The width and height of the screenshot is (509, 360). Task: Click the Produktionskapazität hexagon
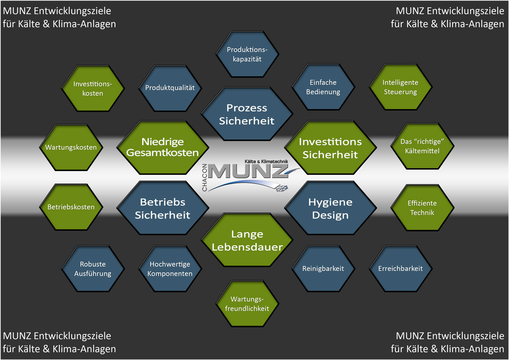point(247,54)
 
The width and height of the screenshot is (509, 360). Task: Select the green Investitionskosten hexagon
point(93,88)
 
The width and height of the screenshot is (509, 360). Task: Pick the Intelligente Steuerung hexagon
point(400,87)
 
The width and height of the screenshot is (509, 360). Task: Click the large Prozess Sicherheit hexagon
point(247,114)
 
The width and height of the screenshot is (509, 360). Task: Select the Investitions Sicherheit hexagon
point(330,147)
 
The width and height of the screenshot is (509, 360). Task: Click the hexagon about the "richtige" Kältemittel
point(422,146)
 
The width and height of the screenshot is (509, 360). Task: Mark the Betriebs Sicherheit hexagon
point(163,208)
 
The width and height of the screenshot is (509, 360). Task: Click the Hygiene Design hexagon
point(330,208)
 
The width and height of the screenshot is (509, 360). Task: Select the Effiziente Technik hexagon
point(422,208)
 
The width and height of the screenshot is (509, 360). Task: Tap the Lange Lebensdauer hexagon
point(247,240)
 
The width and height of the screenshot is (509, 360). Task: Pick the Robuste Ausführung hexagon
point(93,268)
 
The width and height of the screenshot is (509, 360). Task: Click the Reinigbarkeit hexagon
point(323,268)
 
